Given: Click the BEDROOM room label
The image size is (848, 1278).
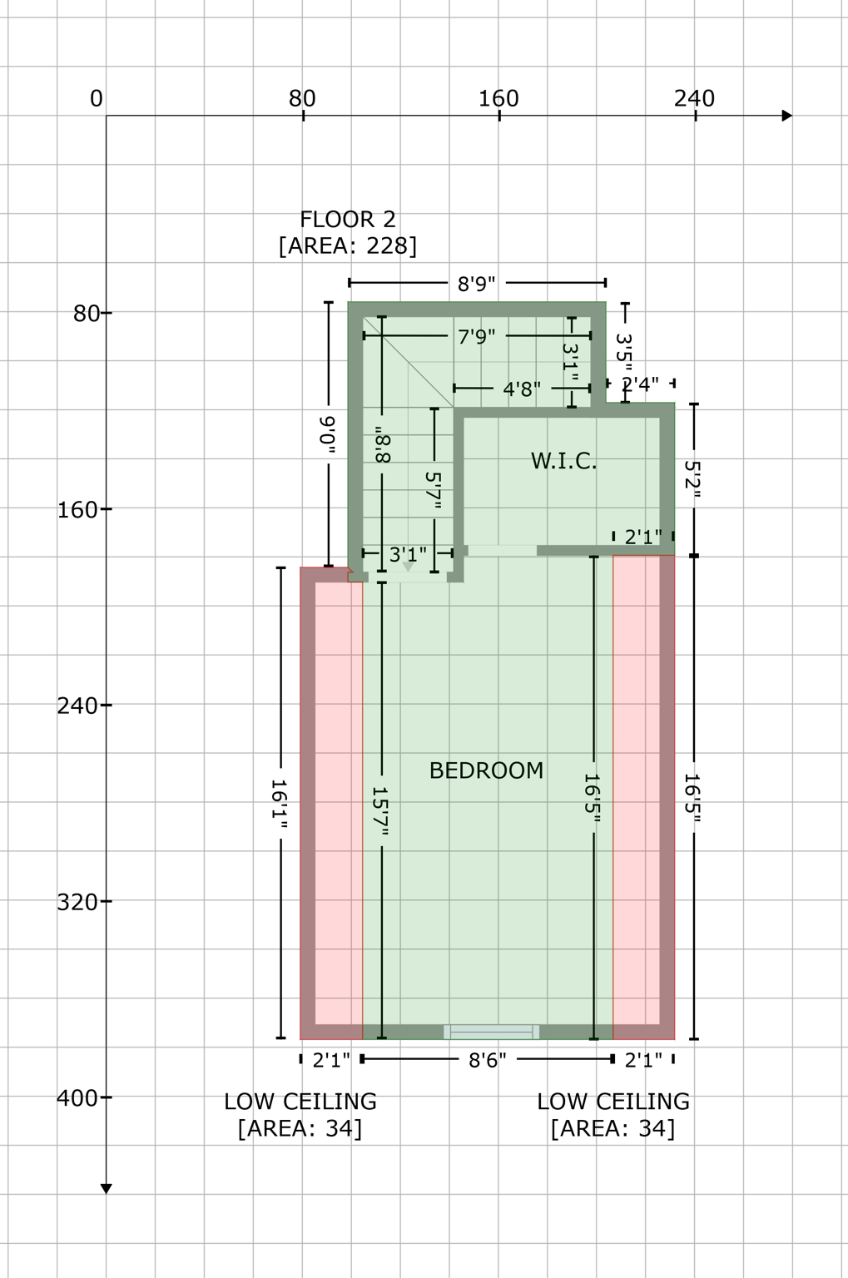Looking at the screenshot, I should click(486, 770).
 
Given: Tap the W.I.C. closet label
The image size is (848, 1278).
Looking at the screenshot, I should click(563, 461).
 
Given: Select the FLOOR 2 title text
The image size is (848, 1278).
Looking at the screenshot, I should click(348, 220).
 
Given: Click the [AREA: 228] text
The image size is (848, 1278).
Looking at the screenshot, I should click(348, 246).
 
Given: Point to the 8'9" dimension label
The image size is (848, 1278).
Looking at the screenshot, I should click(477, 284).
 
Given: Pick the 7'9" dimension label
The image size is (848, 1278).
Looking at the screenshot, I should click(477, 336).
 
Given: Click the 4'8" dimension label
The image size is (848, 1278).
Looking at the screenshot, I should click(522, 389).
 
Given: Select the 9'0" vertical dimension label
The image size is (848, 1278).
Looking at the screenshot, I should click(328, 434).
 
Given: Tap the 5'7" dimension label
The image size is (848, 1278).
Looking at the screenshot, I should click(433, 490).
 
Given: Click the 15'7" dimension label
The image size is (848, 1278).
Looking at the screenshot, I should click(380, 810).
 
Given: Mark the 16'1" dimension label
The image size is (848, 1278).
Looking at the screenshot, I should click(280, 804).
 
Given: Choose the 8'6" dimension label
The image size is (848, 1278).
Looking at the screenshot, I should click(487, 1060).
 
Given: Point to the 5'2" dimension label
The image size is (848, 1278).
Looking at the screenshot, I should click(693, 480).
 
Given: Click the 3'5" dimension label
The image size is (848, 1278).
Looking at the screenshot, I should click(625, 349).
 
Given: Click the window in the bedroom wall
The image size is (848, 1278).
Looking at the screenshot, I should click(491, 1033).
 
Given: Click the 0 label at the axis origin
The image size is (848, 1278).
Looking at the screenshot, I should click(97, 99).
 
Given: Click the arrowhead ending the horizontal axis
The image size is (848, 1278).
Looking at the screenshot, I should click(786, 116).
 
